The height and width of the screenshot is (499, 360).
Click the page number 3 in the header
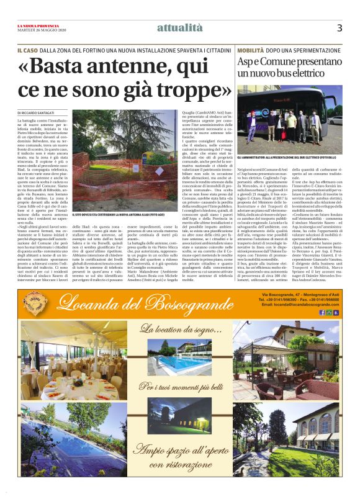[x=340, y=27]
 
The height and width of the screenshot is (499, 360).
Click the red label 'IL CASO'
[x=28, y=48]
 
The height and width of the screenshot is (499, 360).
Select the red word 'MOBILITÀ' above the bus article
[x=251, y=48]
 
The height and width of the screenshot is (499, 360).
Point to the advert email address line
[x=302, y=305]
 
